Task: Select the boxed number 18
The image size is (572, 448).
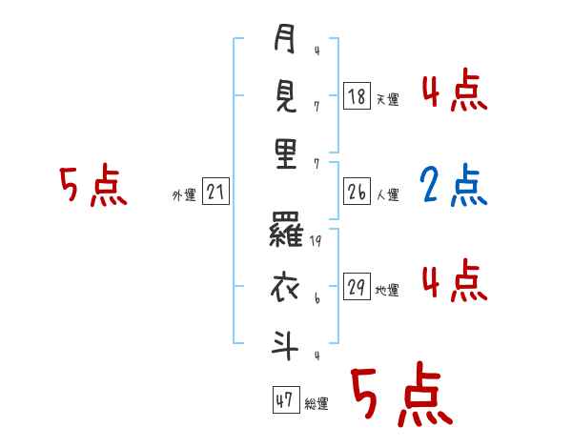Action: [x=357, y=95]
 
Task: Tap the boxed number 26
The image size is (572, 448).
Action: [x=357, y=192]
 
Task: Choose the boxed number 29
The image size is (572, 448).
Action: [x=357, y=287]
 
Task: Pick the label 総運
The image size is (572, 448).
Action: [x=317, y=404]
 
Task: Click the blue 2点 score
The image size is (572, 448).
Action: [x=454, y=188]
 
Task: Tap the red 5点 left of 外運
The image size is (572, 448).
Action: [x=92, y=186]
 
